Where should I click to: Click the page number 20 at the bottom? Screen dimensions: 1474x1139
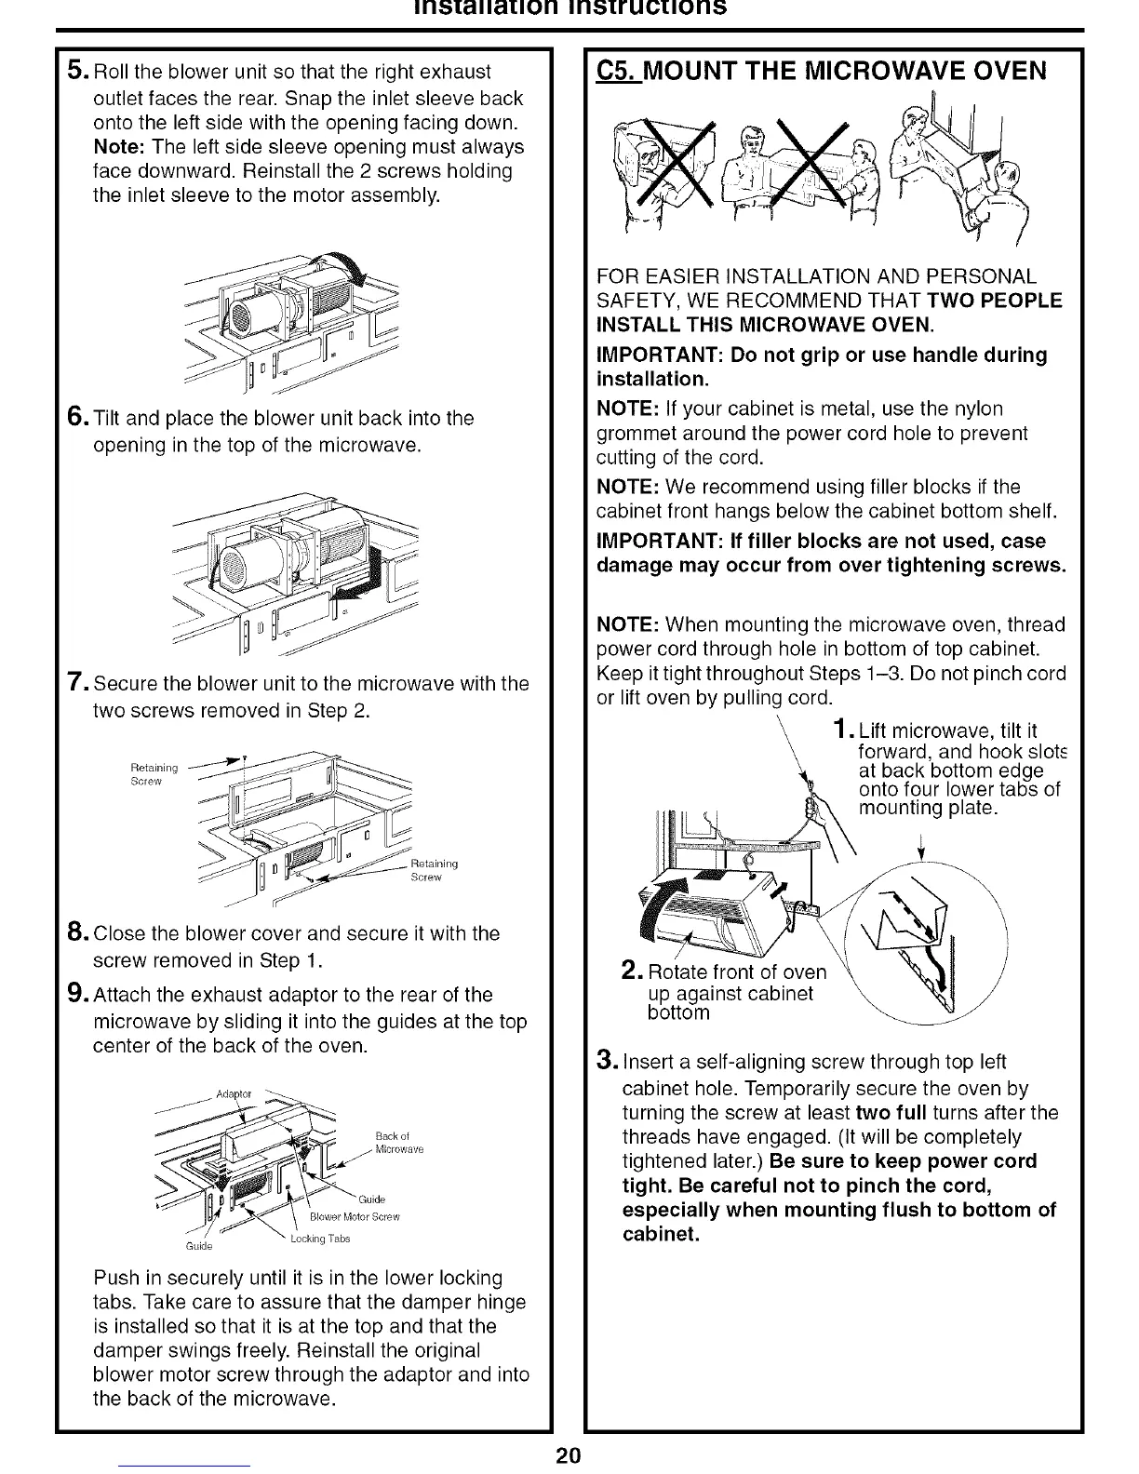click(569, 1455)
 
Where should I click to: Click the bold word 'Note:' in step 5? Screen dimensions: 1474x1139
click(121, 147)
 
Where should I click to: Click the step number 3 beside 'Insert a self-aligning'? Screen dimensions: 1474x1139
click(605, 1062)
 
